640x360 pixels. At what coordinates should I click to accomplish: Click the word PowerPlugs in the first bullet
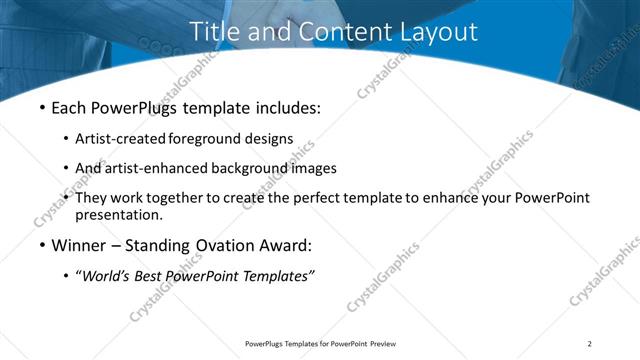[141, 105]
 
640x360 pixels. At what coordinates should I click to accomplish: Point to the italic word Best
[153, 277]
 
